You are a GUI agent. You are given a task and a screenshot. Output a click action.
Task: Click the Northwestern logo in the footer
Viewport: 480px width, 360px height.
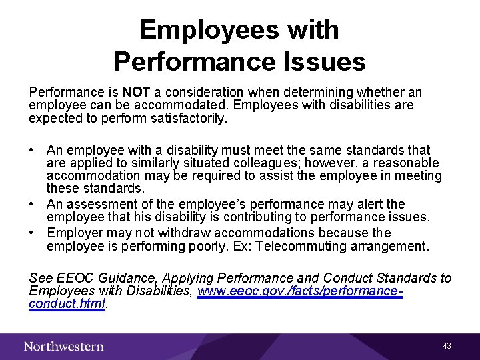(64, 346)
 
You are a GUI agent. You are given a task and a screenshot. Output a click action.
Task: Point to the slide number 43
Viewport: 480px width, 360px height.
(447, 346)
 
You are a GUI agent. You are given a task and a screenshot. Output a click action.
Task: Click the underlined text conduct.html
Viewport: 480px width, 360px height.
(67, 304)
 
